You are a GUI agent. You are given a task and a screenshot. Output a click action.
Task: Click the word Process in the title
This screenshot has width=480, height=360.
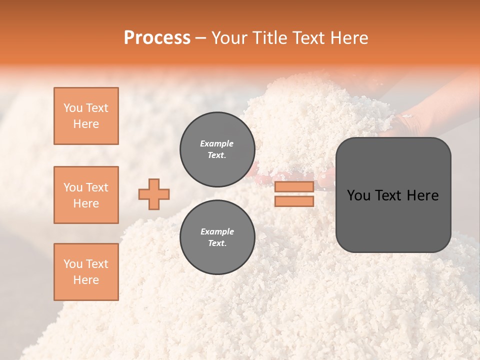click(157, 38)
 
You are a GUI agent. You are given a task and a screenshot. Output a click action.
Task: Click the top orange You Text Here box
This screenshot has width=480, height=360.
click(86, 116)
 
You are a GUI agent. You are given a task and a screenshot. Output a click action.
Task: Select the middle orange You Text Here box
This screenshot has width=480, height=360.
click(86, 195)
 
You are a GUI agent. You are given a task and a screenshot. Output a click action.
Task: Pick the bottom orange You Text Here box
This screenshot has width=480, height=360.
click(86, 272)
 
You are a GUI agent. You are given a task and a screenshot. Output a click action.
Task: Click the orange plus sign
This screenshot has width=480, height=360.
click(154, 194)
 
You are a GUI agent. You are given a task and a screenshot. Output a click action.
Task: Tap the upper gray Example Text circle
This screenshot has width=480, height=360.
click(217, 149)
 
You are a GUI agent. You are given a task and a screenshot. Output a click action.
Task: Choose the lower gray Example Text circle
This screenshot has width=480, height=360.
click(217, 237)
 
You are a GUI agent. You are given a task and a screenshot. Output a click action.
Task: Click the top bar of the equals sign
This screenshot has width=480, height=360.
click(294, 187)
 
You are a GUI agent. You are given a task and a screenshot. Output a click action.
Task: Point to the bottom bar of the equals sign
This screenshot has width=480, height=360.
click(294, 201)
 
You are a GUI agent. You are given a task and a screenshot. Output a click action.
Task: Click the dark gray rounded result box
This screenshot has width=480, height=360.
click(393, 220)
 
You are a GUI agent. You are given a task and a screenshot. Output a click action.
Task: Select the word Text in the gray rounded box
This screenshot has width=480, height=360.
click(388, 195)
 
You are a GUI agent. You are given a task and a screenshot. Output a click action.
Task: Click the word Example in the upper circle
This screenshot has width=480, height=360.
click(217, 143)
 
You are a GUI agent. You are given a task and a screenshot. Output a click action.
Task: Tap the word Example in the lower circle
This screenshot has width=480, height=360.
click(217, 231)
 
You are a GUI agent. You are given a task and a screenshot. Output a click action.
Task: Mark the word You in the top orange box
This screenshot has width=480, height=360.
click(72, 108)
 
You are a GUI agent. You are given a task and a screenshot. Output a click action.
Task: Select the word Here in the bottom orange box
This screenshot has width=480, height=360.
click(86, 280)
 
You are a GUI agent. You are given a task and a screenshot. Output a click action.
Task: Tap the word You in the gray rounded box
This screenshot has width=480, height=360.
click(358, 195)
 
